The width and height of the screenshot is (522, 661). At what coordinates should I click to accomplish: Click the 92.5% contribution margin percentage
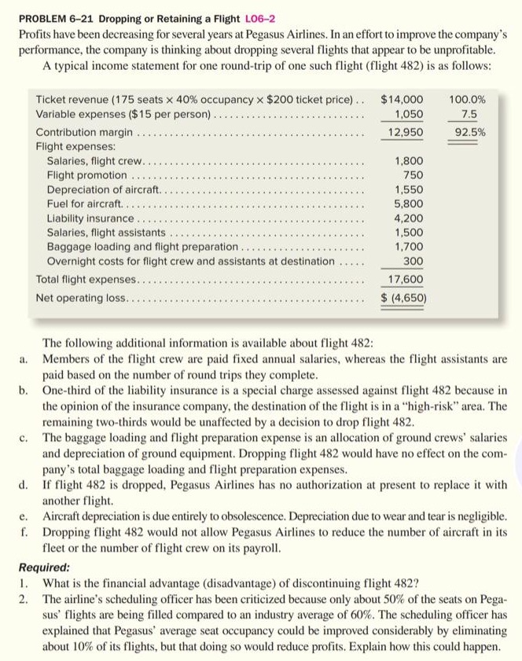click(x=469, y=133)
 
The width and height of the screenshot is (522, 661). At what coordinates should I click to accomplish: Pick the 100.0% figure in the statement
click(x=468, y=100)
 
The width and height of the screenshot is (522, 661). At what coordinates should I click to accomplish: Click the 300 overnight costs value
click(x=413, y=260)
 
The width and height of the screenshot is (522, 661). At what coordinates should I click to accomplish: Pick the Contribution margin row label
click(x=84, y=133)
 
